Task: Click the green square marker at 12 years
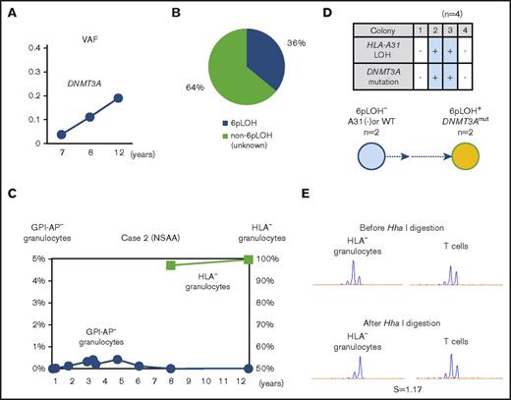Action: [249, 259]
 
